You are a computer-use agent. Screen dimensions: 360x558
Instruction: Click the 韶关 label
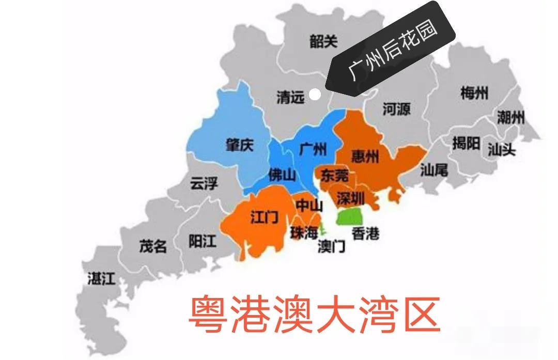click(324, 41)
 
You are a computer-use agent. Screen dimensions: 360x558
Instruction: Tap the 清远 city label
click(290, 97)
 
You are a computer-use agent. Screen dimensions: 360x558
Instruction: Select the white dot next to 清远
click(315, 95)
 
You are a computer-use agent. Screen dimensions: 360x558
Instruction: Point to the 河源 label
click(396, 109)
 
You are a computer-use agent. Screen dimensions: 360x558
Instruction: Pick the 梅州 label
click(474, 93)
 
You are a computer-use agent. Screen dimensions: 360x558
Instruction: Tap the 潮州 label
click(510, 117)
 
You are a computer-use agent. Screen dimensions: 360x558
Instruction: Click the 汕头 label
click(502, 150)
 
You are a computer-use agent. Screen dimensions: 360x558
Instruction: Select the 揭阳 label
click(466, 143)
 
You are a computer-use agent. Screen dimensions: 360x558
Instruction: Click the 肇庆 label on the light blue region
click(240, 146)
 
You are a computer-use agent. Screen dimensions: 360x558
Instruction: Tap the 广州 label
click(313, 149)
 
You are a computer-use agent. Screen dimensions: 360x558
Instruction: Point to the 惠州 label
click(365, 156)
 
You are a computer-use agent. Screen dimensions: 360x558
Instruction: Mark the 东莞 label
click(334, 175)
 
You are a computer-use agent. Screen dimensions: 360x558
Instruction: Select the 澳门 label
click(331, 246)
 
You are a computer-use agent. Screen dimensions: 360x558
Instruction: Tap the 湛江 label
click(101, 279)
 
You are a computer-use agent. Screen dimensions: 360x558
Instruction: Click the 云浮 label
click(204, 183)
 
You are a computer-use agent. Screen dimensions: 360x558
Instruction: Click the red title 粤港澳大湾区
click(314, 315)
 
